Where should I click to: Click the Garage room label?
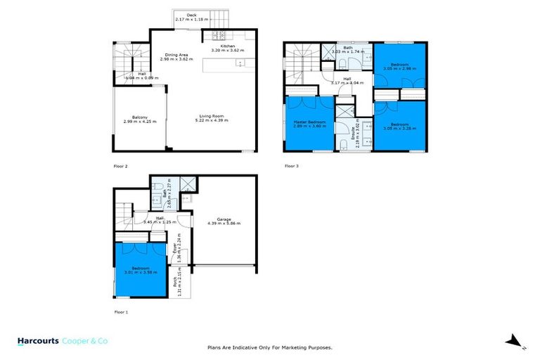click(224, 220)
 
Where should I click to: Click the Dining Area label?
click(176, 56)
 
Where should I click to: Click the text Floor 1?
click(122, 311)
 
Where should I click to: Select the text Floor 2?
click(122, 167)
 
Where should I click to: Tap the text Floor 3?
click(292, 167)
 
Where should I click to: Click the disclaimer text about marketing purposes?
click(270, 347)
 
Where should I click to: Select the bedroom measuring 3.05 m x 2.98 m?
click(399, 67)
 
